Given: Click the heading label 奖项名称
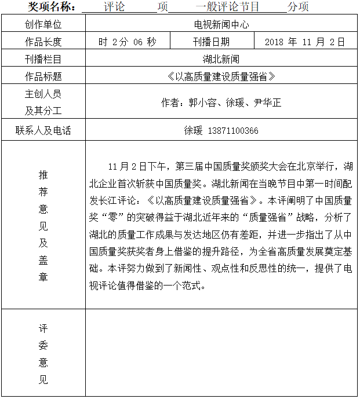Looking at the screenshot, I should tap(52, 7).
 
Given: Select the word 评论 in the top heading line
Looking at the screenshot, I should tap(114, 7).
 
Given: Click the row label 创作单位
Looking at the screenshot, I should tap(43, 24).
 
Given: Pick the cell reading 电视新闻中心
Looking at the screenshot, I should tap(221, 24).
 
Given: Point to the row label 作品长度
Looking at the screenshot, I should tap(43, 42).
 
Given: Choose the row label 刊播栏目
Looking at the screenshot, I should tap(43, 59).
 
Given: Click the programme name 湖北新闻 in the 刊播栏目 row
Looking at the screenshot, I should tap(221, 59).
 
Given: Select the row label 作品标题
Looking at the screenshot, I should tap(43, 76).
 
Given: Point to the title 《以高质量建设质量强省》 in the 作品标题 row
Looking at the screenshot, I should tap(221, 76).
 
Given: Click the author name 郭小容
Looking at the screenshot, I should tap(202, 103).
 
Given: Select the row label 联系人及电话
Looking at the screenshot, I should tap(43, 130).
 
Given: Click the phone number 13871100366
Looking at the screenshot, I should tap(232, 130).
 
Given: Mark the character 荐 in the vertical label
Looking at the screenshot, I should tap(43, 191).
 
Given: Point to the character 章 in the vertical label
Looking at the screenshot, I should tap(43, 276).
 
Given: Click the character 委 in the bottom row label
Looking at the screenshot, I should tap(43, 346).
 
